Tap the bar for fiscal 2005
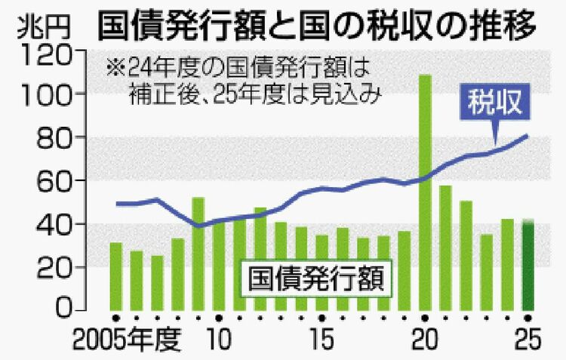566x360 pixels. coord(115,276)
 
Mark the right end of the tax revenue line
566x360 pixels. coord(528,136)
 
